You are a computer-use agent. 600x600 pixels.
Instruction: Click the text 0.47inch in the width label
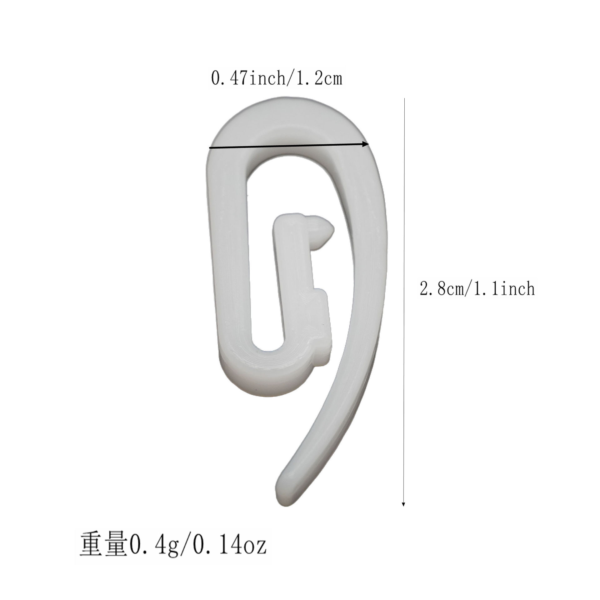pos(247,79)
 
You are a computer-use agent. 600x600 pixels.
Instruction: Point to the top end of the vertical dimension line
pos(405,99)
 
